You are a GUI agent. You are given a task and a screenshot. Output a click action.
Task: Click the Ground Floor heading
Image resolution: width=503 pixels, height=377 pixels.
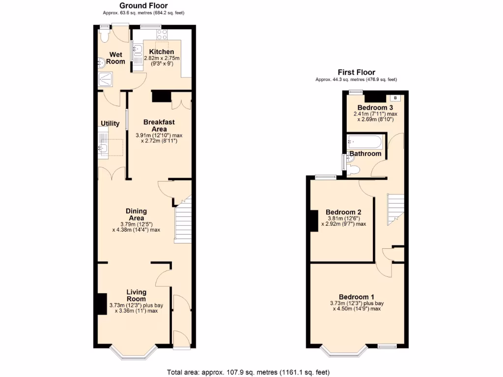point(144,5)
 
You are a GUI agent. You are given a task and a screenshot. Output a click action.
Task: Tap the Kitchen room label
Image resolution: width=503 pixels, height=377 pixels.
point(162,52)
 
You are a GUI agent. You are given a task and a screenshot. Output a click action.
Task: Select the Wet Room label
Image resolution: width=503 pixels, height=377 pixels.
point(116,58)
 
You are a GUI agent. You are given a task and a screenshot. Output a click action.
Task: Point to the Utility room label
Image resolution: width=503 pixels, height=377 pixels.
point(110,123)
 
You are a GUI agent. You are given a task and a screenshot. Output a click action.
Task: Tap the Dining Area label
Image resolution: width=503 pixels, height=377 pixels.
point(137,215)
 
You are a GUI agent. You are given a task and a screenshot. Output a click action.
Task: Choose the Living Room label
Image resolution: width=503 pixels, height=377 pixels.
point(136,296)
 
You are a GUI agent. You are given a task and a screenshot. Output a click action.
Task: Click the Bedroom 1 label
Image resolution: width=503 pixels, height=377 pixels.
point(357,297)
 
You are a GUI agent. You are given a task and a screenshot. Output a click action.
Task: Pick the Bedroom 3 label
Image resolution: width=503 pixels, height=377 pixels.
point(375,108)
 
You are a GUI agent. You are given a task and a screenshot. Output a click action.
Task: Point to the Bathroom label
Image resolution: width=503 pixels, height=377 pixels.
point(365,154)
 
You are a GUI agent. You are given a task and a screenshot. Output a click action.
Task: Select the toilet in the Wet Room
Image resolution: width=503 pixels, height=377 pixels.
point(104,35)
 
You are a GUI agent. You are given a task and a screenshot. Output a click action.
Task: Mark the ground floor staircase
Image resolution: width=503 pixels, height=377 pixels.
point(183,221)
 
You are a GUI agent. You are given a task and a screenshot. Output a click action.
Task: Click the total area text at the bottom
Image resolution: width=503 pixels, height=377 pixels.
point(248,372)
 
